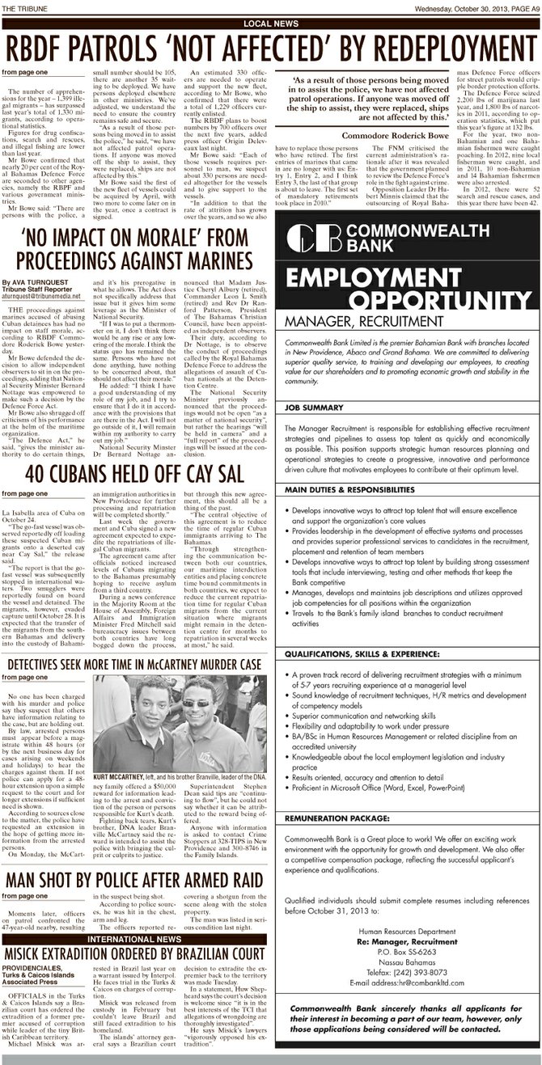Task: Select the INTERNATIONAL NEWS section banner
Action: pyautogui.click(x=134, y=939)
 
